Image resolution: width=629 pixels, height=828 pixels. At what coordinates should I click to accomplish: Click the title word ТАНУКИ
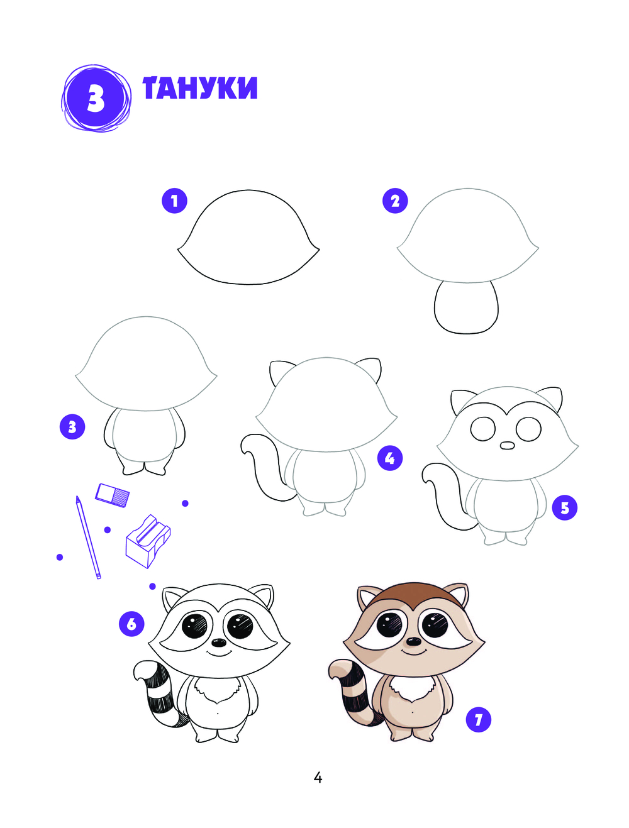200,88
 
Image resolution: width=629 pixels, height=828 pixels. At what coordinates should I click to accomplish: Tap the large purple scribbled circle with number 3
96,99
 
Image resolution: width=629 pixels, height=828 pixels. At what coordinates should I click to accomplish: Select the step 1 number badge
174,201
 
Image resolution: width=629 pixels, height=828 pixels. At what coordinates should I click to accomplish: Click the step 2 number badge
395,201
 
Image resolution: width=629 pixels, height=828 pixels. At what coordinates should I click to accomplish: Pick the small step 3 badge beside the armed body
72,427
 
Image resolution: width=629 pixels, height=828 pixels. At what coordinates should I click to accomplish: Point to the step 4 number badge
390,458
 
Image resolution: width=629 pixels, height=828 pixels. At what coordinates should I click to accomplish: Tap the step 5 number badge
564,507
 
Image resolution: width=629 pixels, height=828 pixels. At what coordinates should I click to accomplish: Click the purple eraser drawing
112,495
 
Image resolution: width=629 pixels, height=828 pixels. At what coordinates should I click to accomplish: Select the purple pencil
88,537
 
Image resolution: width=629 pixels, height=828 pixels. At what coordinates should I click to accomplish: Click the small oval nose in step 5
507,446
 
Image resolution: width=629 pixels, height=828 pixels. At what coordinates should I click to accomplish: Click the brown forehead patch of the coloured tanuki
413,596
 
